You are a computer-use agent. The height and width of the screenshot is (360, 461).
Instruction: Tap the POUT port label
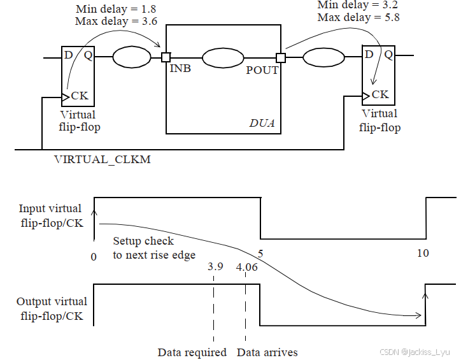click(x=262, y=70)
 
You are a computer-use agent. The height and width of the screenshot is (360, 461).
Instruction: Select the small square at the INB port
click(x=166, y=57)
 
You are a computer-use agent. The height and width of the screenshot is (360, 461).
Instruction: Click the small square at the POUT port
click(x=281, y=58)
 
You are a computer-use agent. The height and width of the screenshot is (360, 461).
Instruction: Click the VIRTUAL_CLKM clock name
click(x=103, y=160)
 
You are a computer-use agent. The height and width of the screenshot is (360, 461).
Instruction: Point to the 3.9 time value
click(x=215, y=267)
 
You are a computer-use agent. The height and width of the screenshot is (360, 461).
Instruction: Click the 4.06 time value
click(x=246, y=267)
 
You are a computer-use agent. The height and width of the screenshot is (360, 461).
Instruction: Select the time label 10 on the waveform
click(x=422, y=253)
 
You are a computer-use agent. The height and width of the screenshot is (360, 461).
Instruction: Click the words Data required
click(x=192, y=352)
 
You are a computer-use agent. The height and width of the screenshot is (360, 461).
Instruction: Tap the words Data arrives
click(x=267, y=352)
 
